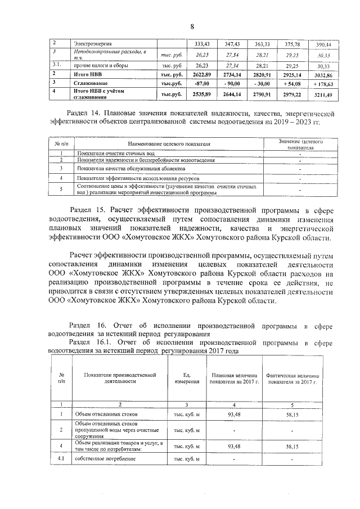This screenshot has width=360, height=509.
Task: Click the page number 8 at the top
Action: click(x=191, y=27)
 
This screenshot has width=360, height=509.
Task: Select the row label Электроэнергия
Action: click(x=93, y=44)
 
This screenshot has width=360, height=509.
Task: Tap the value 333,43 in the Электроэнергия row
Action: click(x=202, y=44)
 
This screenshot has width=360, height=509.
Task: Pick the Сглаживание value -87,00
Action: click(x=202, y=83)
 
